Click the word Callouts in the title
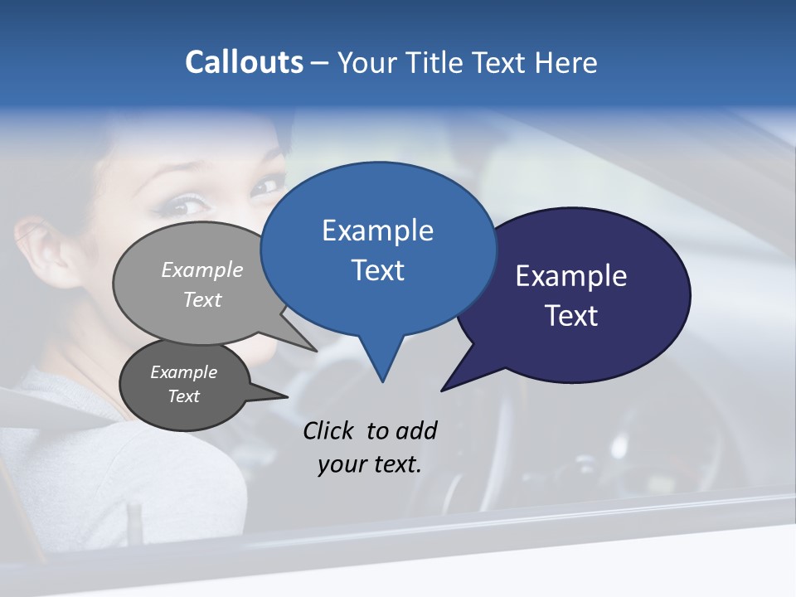244,62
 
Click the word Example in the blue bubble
377,231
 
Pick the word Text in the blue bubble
377,270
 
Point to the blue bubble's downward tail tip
382,381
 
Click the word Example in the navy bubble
570,276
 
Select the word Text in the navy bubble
571,316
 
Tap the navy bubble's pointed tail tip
442,390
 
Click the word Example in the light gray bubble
202,270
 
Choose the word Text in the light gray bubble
202,300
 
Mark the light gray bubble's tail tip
317,351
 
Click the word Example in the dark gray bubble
183,372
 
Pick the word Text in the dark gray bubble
183,396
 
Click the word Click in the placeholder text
330,430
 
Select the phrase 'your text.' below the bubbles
369,465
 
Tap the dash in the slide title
320,63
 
